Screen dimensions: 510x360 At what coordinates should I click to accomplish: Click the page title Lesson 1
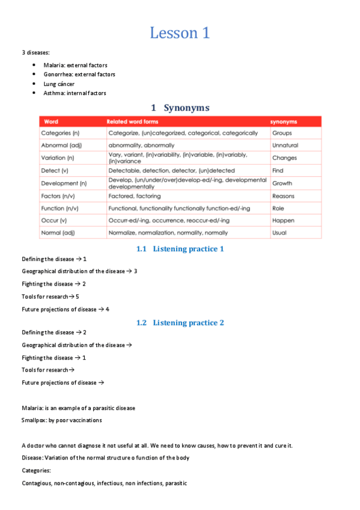click(180, 32)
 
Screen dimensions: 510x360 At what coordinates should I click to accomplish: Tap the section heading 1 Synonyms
click(180, 108)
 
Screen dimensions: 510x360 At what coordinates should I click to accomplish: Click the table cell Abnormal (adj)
click(60, 145)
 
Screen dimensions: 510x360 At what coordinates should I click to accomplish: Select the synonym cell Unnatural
click(285, 145)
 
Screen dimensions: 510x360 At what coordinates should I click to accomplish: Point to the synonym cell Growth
click(282, 183)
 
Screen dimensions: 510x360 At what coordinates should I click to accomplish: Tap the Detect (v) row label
click(55, 171)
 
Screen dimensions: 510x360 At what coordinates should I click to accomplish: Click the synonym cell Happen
click(283, 221)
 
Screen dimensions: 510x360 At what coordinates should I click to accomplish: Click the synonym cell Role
click(278, 208)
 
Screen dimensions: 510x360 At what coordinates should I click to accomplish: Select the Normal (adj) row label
click(58, 233)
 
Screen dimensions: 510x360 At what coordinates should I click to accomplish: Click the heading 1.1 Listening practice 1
click(180, 248)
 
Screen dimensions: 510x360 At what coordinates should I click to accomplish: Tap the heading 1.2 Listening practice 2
click(180, 322)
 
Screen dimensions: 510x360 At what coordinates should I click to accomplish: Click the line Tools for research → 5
click(50, 296)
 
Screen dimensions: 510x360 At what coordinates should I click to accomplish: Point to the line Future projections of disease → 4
click(66, 309)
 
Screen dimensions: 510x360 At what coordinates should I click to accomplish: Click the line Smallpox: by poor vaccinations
click(62, 420)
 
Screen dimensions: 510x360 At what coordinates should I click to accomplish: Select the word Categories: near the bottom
click(36, 470)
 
